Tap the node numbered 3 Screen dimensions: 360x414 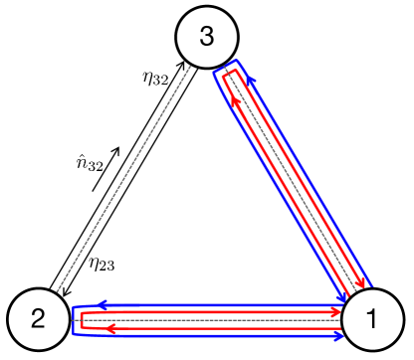point(206,38)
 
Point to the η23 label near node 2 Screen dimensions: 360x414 point(101,264)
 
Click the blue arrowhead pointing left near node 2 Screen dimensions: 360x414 point(101,304)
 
